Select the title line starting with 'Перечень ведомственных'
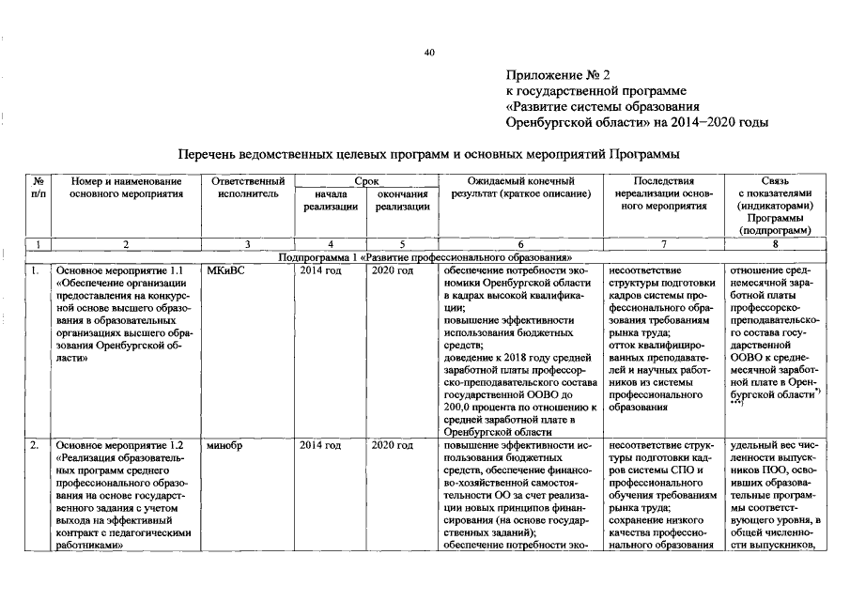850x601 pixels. click(428, 152)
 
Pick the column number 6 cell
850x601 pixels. click(520, 244)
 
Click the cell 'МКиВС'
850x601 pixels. click(225, 270)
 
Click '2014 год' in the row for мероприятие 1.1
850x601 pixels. click(320, 270)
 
